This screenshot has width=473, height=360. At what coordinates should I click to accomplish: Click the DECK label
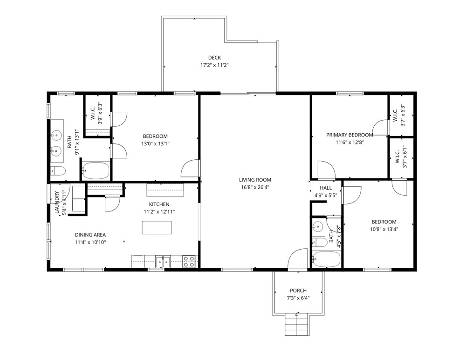pos(214,58)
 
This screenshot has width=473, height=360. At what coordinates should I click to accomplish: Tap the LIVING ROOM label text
pos(255,180)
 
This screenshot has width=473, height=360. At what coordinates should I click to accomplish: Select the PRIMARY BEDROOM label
pos(349,135)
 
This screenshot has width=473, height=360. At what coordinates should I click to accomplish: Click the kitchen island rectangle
pos(157,227)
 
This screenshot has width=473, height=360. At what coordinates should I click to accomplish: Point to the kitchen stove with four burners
pos(189,262)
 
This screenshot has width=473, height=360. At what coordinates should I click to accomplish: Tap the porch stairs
pos(295,324)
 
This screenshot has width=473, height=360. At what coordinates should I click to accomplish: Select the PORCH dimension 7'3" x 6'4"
pos(298,298)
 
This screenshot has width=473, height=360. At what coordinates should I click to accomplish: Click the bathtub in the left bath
pos(96,171)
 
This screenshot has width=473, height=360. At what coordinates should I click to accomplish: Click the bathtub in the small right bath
pos(327,259)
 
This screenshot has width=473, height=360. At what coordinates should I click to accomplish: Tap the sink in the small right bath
pos(318,227)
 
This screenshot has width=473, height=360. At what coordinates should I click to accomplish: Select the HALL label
pos(326,188)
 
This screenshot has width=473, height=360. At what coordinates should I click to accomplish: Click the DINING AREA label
pos(90,235)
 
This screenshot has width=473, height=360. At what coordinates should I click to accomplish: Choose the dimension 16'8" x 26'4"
pos(255,188)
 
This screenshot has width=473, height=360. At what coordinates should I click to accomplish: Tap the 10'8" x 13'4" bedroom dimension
pos(384,229)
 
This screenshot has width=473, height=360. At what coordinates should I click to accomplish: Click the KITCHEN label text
pos(159,204)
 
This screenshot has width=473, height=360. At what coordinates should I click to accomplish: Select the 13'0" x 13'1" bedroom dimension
pos(155,144)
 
